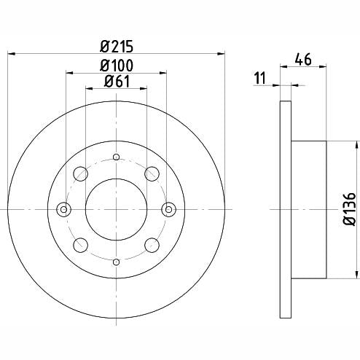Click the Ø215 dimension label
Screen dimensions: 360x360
(117, 47)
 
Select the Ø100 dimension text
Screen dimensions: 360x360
(117, 66)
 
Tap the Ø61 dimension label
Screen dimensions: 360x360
(117, 82)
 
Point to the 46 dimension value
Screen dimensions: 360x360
(303, 59)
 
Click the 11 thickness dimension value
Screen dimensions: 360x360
(260, 78)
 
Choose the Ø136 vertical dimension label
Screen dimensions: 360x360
(349, 209)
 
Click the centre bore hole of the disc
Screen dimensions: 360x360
(117, 209)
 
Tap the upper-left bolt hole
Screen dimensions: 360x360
(80, 173)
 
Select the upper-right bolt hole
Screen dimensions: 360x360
(152, 173)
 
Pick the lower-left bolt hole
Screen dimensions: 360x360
(80, 245)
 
